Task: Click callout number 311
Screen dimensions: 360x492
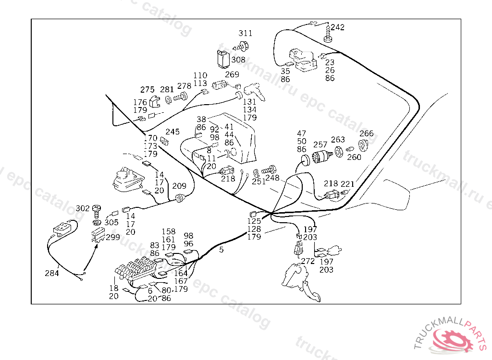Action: pos(246,34)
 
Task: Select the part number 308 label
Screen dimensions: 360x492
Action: pos(238,60)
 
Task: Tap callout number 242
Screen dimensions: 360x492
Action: pos(337,27)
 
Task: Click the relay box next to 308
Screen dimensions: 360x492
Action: pos(222,59)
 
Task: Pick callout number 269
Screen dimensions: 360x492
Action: pos(232,74)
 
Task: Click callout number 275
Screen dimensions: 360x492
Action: pos(148,90)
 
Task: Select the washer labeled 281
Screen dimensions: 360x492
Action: pos(169,101)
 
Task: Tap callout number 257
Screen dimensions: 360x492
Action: pos(320,144)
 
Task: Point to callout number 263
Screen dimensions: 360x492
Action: pos(338,140)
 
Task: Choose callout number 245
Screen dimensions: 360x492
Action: pos(172,132)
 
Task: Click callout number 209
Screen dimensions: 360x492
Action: pos(179,186)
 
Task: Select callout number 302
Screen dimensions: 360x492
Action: pos(83,208)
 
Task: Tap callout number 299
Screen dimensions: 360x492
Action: pos(113,237)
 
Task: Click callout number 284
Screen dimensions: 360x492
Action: pos(52,273)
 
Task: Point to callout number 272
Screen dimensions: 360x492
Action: pos(307,262)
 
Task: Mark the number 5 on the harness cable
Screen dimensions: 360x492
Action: pos(221,250)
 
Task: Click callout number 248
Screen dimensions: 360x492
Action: pos(272,178)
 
